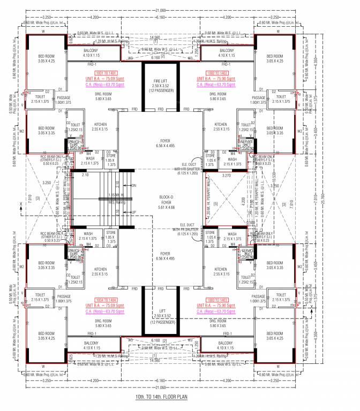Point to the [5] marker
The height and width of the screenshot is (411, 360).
point(215,203)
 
